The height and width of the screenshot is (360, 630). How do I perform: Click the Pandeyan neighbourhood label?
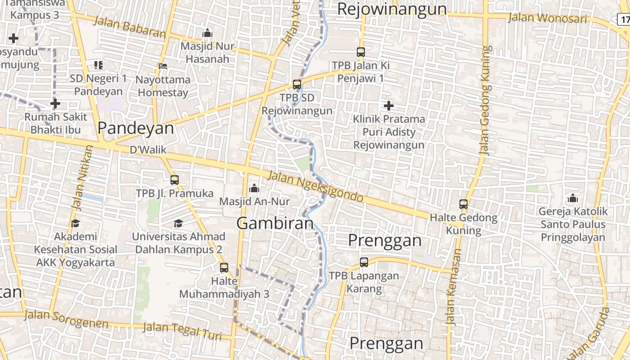135,128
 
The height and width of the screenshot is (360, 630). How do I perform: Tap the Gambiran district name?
274,223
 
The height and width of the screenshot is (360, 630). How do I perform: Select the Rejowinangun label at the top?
391,9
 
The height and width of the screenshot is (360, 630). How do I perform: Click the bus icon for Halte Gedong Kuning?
463,204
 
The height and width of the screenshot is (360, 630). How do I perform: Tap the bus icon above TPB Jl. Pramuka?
175,180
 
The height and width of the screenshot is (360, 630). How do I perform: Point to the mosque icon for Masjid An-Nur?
254,188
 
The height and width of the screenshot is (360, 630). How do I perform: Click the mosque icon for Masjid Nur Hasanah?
207,33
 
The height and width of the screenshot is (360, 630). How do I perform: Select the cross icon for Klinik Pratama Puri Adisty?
389,106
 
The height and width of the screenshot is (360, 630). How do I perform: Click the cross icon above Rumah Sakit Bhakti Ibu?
55,104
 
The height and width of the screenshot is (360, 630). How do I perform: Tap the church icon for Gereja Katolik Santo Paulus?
573,198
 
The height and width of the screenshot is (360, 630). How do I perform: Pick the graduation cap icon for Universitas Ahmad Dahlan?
179,223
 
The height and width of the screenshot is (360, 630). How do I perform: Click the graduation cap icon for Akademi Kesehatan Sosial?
75,223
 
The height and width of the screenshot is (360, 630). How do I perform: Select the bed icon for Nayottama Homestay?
163,66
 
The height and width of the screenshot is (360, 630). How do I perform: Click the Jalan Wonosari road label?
547,18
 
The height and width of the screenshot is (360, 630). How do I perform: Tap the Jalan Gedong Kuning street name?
485,100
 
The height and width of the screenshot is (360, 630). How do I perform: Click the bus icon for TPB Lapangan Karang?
364,262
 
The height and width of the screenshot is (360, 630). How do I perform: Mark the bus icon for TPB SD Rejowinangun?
297,85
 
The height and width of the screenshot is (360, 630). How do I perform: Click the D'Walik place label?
148,150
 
